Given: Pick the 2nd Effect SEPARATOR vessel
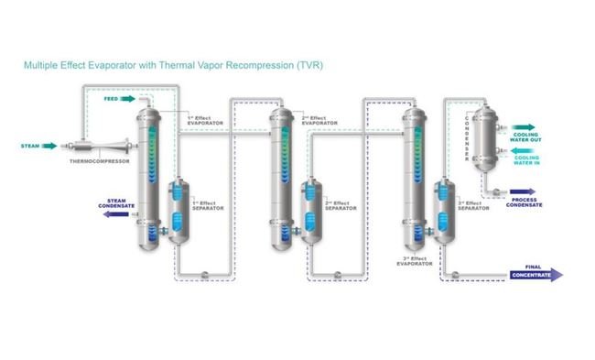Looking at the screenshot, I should pyautogui.click(x=311, y=216).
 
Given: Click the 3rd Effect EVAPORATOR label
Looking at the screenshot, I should pyautogui.click(x=418, y=261).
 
